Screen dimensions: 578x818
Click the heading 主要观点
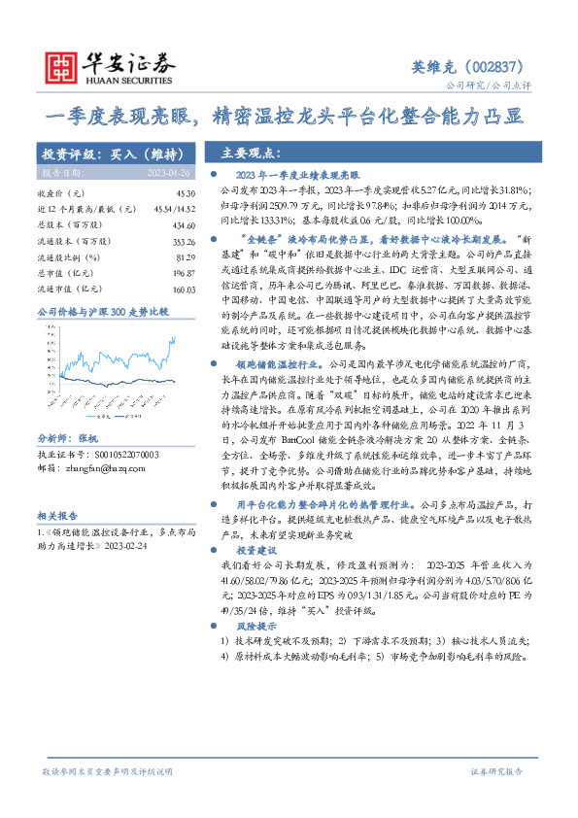(x=253, y=153)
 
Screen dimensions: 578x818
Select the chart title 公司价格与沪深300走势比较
(x=103, y=312)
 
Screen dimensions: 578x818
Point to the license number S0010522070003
(x=114, y=426)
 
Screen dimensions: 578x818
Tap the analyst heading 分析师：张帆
(x=68, y=411)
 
